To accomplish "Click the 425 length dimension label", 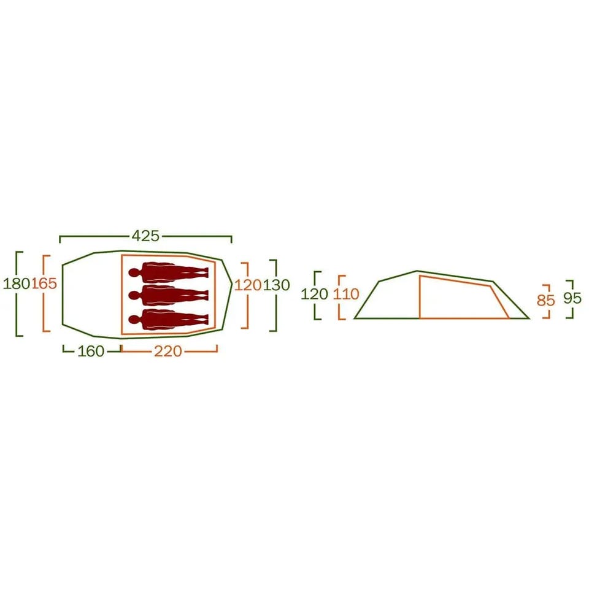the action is (x=146, y=236).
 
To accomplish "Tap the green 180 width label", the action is (x=16, y=283).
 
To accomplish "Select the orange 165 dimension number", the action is (x=44, y=283).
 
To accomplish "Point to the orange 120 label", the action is (x=247, y=285).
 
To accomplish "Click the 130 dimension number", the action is (x=276, y=285).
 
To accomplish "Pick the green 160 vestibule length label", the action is (x=91, y=351).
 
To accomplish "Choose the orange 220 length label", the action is (x=168, y=351).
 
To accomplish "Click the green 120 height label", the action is (x=314, y=294).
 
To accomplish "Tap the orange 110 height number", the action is (x=346, y=294).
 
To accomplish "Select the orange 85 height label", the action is (x=546, y=300).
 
